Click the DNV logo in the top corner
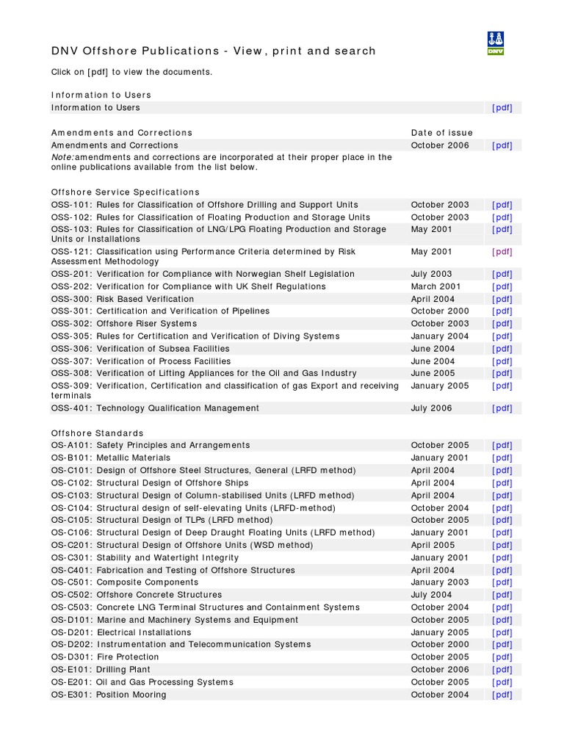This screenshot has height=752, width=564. pyautogui.click(x=496, y=43)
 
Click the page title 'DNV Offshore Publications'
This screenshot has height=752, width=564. pyautogui.click(x=136, y=51)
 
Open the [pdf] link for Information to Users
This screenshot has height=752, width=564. pyautogui.click(x=502, y=108)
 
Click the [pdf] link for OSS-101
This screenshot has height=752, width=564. pyautogui.click(x=502, y=205)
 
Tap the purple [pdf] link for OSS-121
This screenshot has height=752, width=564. pyautogui.click(x=502, y=252)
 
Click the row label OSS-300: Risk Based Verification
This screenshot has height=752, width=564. pyautogui.click(x=123, y=299)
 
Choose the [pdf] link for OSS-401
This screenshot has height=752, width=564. pyautogui.click(x=502, y=408)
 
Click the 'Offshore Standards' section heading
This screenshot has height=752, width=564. pyautogui.click(x=98, y=433)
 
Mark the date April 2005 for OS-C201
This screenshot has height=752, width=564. pyautogui.click(x=433, y=545)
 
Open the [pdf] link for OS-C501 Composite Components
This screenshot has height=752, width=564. pyautogui.click(x=502, y=582)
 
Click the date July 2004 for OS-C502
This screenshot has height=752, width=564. pyautogui.click(x=431, y=595)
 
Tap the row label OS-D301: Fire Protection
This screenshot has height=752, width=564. pyautogui.click(x=105, y=657)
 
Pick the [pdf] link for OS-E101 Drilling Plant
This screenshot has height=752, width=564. pyautogui.click(x=502, y=670)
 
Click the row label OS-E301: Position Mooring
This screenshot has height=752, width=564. pyautogui.click(x=109, y=695)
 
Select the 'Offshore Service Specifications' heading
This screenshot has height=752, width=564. pyautogui.click(x=126, y=192)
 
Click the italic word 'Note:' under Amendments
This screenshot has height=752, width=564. pyautogui.click(x=62, y=157)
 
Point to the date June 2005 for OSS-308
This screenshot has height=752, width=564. pyautogui.click(x=433, y=373)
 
